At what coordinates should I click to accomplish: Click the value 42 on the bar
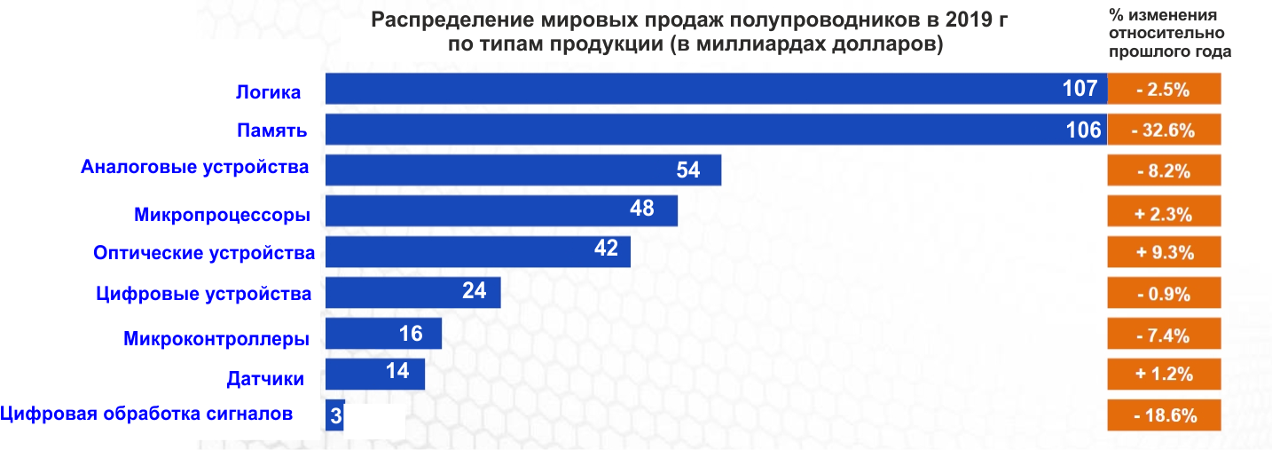[606, 249]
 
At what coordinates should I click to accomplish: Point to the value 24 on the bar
[475, 290]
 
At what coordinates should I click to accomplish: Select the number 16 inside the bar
[411, 334]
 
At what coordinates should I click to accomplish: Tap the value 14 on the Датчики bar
[397, 371]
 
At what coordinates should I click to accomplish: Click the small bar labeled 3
[334, 415]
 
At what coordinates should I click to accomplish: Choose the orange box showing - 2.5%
[1165, 90]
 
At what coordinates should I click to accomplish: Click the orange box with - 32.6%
[1165, 130]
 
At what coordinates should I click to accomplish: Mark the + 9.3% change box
[1165, 252]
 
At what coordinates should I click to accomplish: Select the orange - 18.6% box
[1165, 414]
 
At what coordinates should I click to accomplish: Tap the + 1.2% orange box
[1165, 374]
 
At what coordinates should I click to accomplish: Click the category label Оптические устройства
[204, 253]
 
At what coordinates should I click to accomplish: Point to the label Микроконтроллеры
[216, 338]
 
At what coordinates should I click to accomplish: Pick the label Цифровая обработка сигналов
[146, 413]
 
